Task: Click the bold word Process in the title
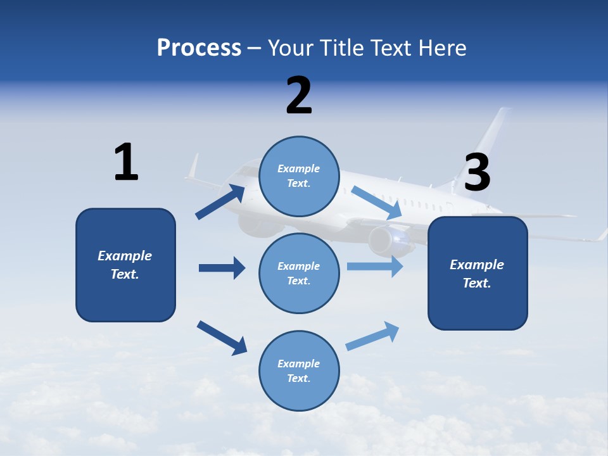199,48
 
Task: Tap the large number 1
126,162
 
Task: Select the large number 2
299,95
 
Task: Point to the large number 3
477,172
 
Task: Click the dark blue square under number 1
125,265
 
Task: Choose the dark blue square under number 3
478,273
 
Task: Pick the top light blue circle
299,176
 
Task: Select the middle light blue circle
299,273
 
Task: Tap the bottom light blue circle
299,370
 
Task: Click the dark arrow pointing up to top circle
220,201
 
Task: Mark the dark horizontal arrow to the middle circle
222,268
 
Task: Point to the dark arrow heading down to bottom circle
222,337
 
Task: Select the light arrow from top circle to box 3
377,203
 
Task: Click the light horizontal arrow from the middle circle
375,266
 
